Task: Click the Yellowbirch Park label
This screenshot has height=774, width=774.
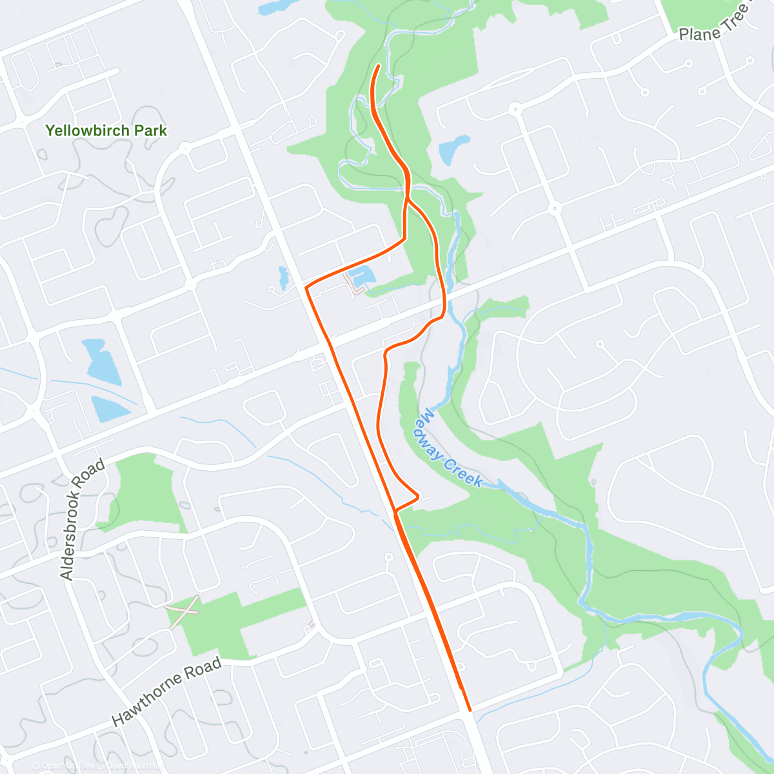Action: click(x=106, y=131)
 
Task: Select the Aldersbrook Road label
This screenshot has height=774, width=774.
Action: click(x=82, y=520)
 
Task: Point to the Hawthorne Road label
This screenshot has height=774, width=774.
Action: click(x=166, y=691)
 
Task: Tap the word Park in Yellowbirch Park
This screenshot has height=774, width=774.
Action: click(x=151, y=131)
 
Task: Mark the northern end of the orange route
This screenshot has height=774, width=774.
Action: click(x=378, y=66)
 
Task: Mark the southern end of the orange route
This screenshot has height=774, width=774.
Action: click(x=470, y=710)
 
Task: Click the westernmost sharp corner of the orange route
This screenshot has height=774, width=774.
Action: click(x=306, y=288)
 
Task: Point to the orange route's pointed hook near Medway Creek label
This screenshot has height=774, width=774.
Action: click(x=419, y=496)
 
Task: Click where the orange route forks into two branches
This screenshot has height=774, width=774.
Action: click(x=407, y=199)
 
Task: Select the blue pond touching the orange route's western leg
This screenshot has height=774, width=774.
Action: click(x=364, y=275)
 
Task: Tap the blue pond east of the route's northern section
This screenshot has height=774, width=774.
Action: click(x=454, y=150)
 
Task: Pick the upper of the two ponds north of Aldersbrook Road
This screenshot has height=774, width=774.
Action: click(x=102, y=361)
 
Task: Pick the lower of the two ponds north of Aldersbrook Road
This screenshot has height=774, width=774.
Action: click(x=110, y=410)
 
